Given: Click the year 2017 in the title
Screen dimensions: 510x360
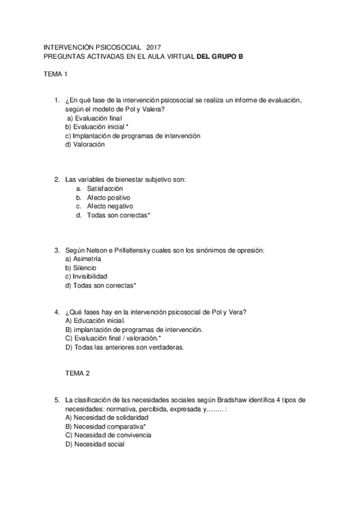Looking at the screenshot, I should click(x=153, y=47).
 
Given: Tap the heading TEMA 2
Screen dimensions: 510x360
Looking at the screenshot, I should click(x=77, y=373).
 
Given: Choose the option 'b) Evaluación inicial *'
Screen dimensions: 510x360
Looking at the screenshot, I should click(x=97, y=127).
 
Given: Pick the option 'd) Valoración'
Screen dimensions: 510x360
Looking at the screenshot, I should click(x=85, y=144).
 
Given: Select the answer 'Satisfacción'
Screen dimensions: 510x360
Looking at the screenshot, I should click(x=105, y=188).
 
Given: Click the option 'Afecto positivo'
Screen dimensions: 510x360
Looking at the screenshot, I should click(x=108, y=197).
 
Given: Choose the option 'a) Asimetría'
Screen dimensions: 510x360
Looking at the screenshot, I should click(x=83, y=259).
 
